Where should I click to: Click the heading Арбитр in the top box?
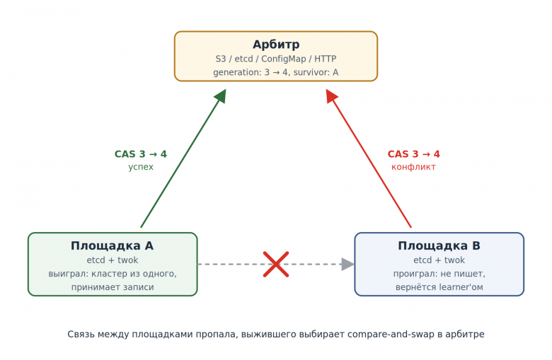coord(276,45)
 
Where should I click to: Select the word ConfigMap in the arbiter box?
coord(283,59)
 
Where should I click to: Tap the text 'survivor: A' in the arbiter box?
coord(316,72)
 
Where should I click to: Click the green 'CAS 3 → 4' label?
coord(140,154)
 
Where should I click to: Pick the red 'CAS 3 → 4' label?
coord(414,154)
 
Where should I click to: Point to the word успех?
coord(141,167)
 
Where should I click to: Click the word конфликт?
coord(414,167)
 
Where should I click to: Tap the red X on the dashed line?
coord(276,265)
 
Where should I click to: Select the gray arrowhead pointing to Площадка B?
coord(347,265)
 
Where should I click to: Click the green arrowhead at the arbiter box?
coord(221,95)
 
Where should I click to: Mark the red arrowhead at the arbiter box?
coord(331,95)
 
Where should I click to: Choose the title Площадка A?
coord(113,245)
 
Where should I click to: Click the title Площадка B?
coord(439,245)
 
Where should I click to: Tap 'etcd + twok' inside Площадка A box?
coord(113,260)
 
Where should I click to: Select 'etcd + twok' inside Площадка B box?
coord(439,260)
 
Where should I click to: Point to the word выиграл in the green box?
coord(65,274)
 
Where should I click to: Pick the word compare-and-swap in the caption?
coord(391,335)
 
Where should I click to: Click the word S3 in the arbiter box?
coord(221,59)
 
